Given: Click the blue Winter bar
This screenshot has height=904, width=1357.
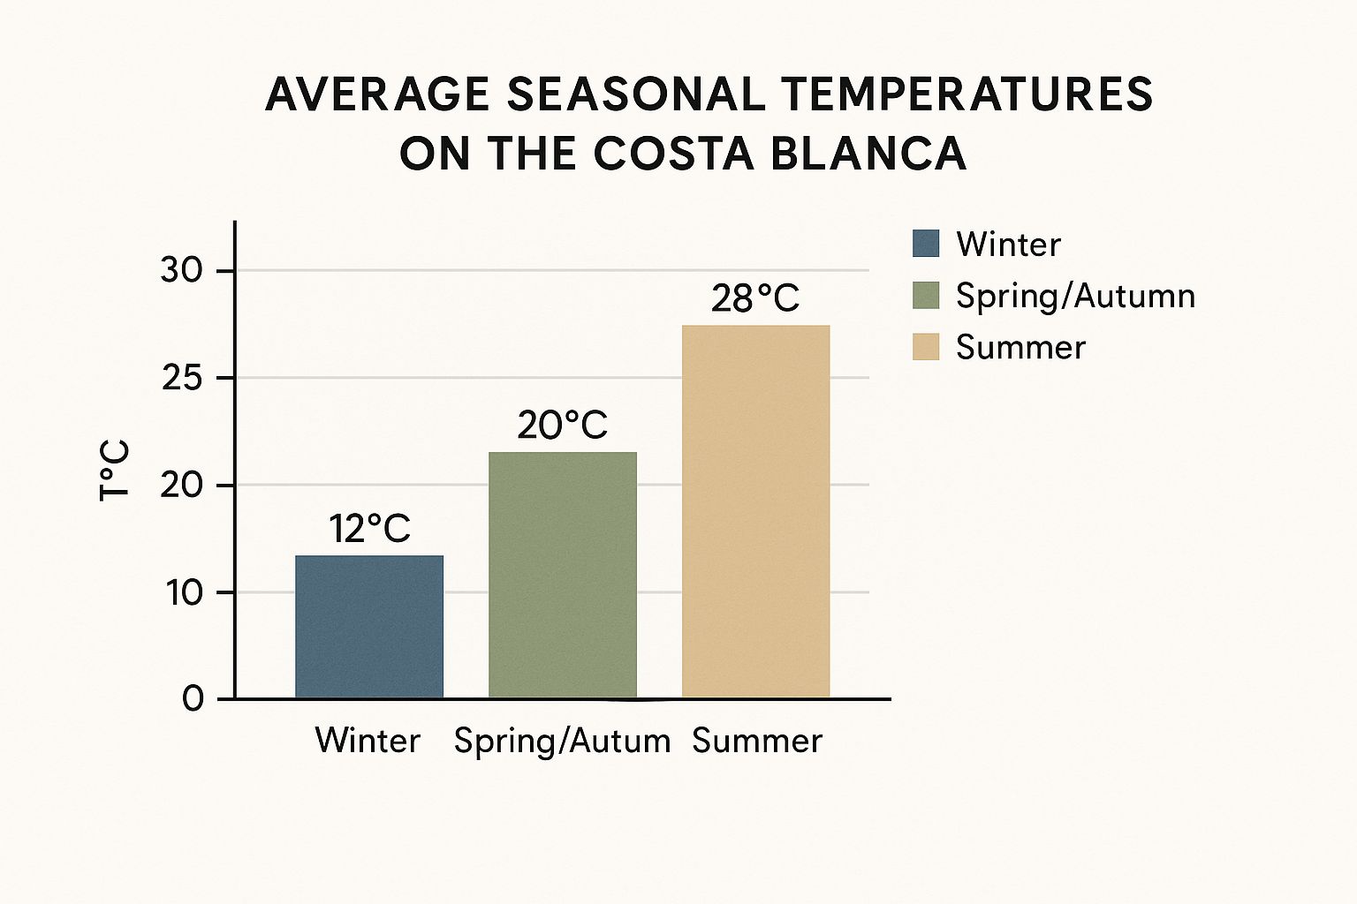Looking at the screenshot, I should (x=369, y=627).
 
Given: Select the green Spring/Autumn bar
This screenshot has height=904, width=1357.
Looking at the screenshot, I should (x=563, y=575).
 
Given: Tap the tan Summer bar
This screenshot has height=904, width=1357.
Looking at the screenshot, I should (x=756, y=512).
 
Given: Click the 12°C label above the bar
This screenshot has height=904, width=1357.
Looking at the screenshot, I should (x=370, y=529).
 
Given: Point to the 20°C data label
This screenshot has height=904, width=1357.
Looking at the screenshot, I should (x=563, y=426).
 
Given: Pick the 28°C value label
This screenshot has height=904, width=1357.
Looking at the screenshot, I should (x=755, y=298).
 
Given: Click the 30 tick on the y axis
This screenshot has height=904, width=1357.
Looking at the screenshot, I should (x=182, y=270).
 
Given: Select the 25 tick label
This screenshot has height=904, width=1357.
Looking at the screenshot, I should (x=182, y=379).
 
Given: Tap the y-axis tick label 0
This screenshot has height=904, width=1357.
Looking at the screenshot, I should (x=193, y=699).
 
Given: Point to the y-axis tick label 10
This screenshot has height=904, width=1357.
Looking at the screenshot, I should (x=184, y=592).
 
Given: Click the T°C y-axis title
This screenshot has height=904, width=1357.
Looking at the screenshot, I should (x=115, y=470).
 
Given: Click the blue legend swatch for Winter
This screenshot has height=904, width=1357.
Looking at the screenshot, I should (x=925, y=244).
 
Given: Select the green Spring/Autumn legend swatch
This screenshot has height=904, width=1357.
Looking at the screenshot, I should (x=925, y=295).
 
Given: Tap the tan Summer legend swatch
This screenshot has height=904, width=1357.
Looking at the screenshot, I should (x=925, y=346).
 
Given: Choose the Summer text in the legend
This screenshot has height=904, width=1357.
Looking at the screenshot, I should (x=1020, y=347).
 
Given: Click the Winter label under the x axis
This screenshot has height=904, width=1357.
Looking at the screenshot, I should (x=368, y=740).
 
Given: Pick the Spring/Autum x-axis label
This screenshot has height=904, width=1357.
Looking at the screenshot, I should (x=562, y=741).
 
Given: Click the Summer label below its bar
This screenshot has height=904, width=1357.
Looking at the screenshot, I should (x=757, y=740).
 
